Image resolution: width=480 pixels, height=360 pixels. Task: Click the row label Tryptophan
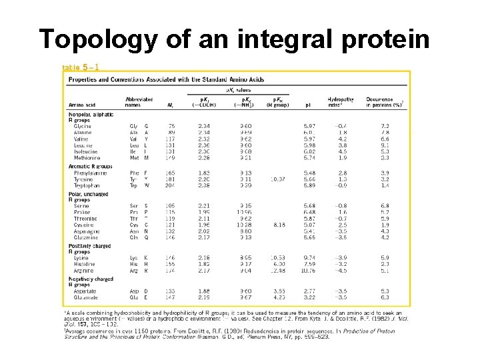click(x=85, y=185)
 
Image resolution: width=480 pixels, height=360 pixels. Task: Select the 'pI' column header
click(x=309, y=105)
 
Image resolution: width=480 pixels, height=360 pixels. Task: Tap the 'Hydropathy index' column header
click(x=340, y=102)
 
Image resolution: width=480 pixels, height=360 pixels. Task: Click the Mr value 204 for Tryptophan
click(x=169, y=185)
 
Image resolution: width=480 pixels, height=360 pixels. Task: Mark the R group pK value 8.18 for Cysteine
click(x=278, y=225)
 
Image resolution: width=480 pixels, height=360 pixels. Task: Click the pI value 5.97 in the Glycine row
click(x=309, y=125)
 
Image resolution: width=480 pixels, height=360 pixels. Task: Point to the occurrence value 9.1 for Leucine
click(x=385, y=145)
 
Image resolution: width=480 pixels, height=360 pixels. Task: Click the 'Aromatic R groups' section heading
click(x=91, y=165)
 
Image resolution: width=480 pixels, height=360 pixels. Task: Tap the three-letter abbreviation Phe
click(x=135, y=172)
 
